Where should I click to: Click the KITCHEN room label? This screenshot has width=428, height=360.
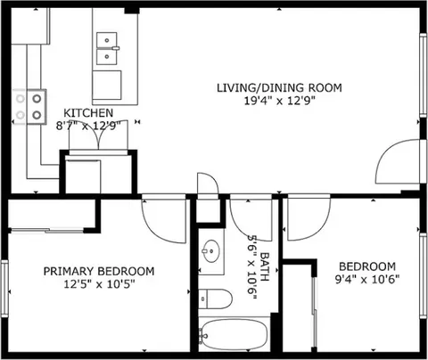point(88,113)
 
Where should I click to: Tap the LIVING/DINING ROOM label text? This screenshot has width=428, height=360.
point(279,88)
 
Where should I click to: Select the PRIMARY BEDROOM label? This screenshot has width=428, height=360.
point(99,272)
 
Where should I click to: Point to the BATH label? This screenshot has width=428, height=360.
point(264,266)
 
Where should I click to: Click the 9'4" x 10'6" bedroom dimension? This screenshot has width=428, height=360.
point(367,280)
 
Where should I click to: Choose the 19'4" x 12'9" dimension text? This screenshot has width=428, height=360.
point(279,101)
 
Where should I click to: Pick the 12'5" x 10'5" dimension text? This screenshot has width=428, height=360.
point(99,284)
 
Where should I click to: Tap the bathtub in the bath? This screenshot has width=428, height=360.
point(235,335)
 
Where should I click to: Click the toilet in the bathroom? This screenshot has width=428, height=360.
point(215,299)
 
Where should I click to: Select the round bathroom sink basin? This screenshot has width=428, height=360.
point(210,251)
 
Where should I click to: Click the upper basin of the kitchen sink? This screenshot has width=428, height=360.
point(107,40)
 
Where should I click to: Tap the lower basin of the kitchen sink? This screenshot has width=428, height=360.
point(107,56)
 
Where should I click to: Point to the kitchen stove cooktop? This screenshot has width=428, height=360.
point(29,107)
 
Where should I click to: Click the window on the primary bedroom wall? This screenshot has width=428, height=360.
point(4,288)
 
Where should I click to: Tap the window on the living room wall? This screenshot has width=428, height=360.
point(423,74)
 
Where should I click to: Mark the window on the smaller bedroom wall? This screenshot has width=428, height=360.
point(424,276)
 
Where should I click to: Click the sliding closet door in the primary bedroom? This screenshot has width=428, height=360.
point(47,230)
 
